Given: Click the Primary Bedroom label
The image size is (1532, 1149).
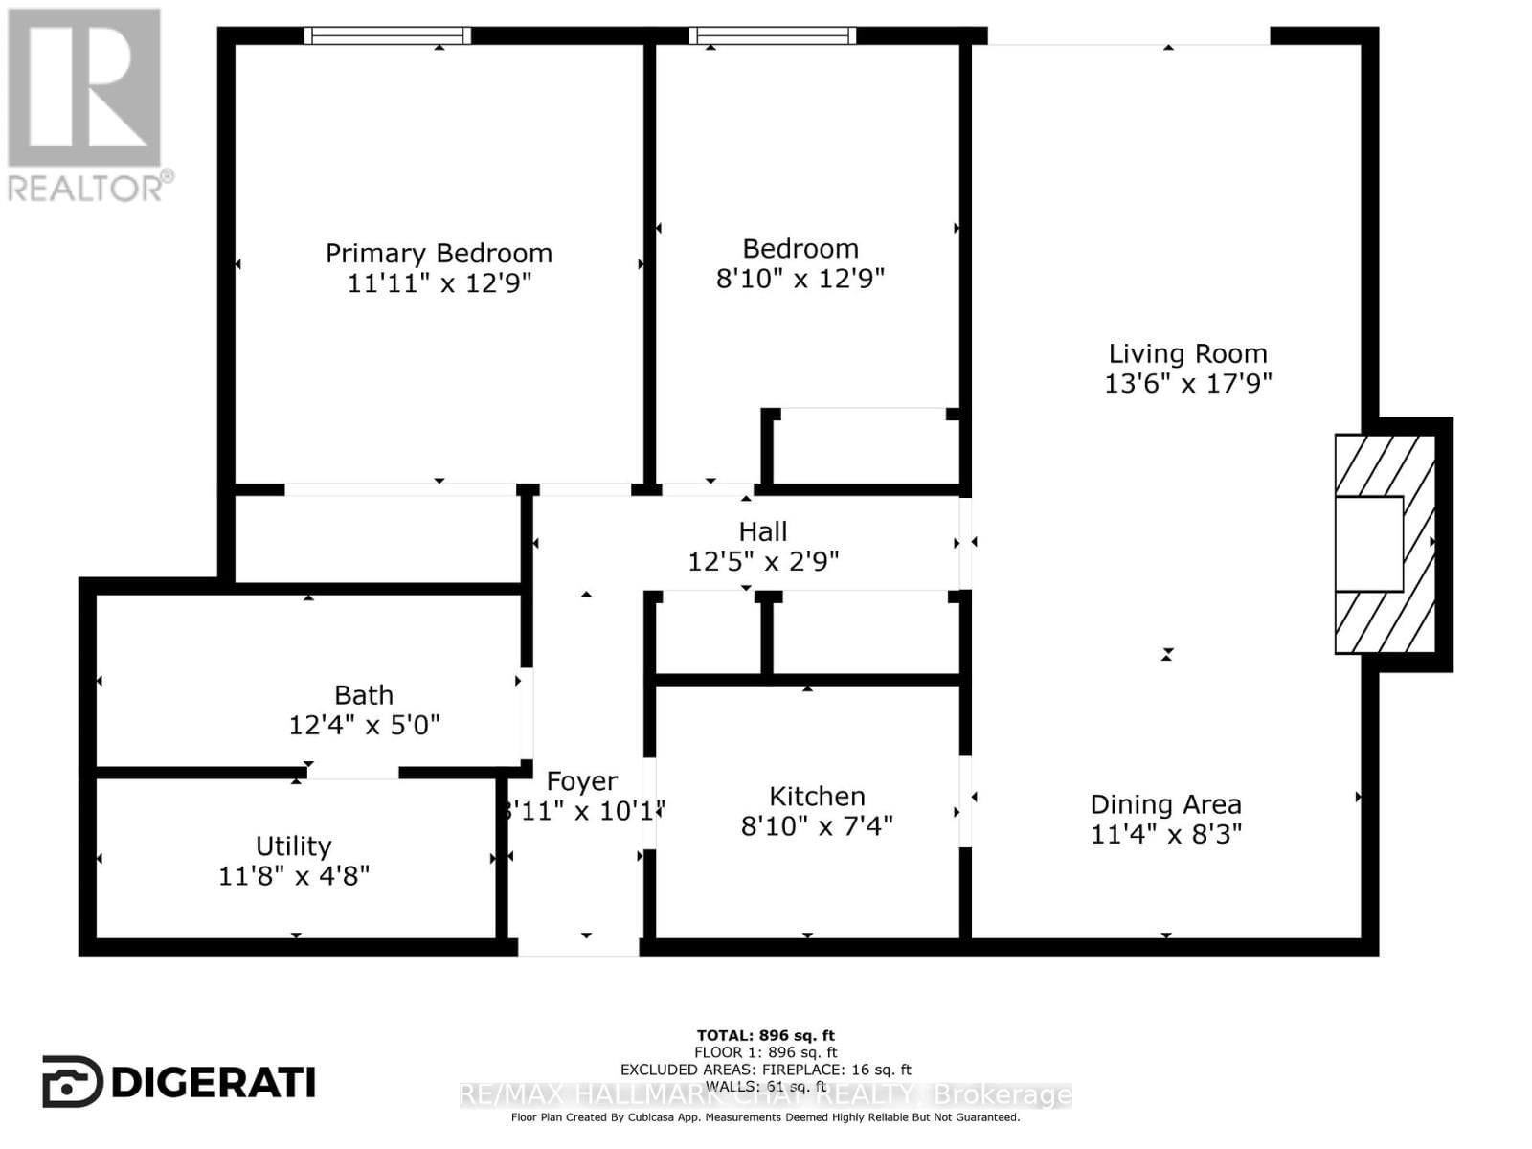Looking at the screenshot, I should click(439, 253).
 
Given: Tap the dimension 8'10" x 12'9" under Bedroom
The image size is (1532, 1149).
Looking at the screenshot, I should click(800, 279).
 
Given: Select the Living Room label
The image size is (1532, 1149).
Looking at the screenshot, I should click(1187, 353).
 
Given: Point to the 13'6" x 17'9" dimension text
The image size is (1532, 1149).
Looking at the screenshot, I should click(1187, 383).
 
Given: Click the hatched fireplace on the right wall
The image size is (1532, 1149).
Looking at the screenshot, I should click(1386, 544).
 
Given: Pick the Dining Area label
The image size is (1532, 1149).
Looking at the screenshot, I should click(1165, 804).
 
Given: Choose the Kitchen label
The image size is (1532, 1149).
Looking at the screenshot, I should click(817, 796).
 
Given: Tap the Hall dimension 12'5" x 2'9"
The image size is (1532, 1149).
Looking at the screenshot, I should click(763, 561).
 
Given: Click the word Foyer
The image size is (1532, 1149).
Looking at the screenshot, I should click(581, 781).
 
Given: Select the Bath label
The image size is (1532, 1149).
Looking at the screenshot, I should click(363, 694).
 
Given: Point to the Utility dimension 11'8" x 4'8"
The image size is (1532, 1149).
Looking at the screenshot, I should click(293, 875).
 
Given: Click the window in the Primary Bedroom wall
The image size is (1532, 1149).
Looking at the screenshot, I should click(387, 35).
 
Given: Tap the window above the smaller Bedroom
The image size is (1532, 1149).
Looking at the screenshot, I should click(772, 35).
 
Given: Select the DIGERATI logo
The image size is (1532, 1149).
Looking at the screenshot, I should click(179, 1082).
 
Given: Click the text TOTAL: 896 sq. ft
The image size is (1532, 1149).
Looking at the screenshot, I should click(765, 1035).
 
